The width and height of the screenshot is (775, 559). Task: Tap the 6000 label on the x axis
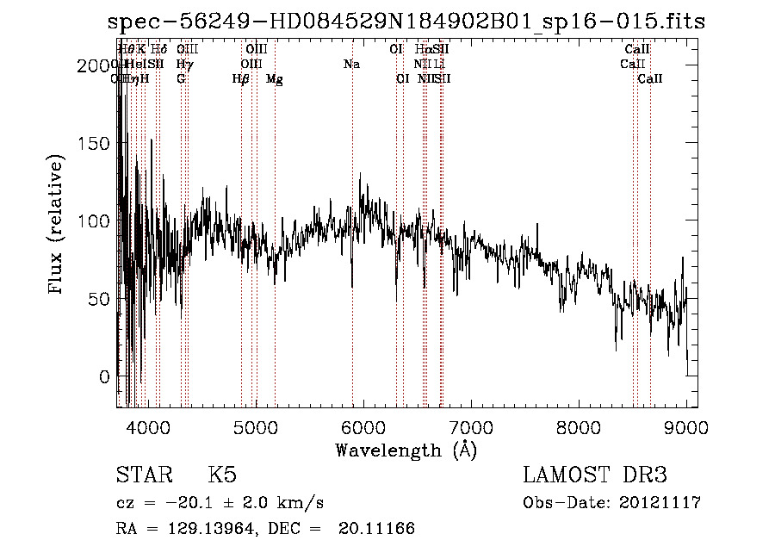click(x=363, y=426)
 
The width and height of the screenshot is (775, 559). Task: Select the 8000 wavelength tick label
click(x=579, y=426)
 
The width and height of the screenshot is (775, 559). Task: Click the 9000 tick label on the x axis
click(x=686, y=426)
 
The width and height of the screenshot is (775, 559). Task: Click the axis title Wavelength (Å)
click(x=406, y=450)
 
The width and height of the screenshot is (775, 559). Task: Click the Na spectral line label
click(x=351, y=65)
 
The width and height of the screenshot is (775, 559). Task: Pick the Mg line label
click(x=275, y=79)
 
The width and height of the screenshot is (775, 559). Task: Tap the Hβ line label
click(x=241, y=79)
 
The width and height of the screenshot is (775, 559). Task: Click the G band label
click(x=181, y=79)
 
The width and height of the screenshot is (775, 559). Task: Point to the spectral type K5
click(x=222, y=475)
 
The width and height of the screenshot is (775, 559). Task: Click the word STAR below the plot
click(x=145, y=475)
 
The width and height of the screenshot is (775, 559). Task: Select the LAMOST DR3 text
click(x=595, y=475)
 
